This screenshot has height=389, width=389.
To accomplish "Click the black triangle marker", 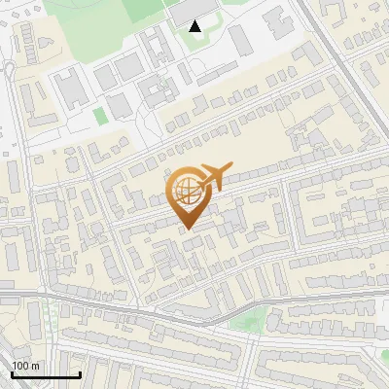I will pyautogui.click(x=195, y=26).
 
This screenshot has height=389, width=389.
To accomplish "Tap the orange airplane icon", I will pyautogui.click(x=215, y=177).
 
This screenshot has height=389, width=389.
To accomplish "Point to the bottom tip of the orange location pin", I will pyautogui.click(x=187, y=229).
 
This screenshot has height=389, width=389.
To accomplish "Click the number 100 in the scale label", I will pyautogui.click(x=20, y=366).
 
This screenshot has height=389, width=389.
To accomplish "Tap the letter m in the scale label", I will pyautogui.click(x=36, y=366).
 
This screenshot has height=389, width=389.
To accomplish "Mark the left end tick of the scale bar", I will pyautogui.click(x=12, y=372).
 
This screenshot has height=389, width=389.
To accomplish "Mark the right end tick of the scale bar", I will pyautogui.click(x=80, y=372).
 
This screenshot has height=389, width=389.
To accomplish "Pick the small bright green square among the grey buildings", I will pyautogui.click(x=100, y=116).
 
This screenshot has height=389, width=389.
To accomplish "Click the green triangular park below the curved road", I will pyautogui.click(x=251, y=319).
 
